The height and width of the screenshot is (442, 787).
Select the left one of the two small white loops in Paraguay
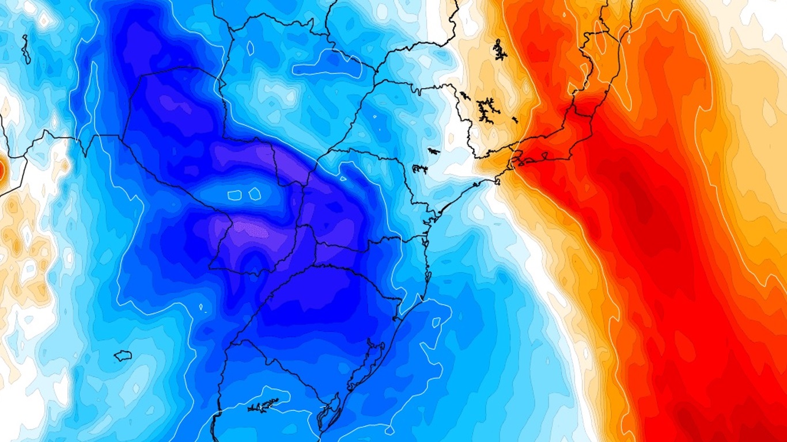click(234, 195)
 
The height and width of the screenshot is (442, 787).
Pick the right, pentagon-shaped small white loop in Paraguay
click(255, 193)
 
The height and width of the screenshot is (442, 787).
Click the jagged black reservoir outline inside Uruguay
click(263, 406)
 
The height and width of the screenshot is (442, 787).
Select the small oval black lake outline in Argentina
click(123, 356)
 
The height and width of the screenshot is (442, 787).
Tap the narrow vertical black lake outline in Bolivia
click(25, 49)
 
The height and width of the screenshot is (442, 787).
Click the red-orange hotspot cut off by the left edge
click(2, 170)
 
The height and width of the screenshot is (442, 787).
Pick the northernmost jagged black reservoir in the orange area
click(499, 50)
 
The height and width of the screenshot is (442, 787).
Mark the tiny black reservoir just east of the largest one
click(514, 120)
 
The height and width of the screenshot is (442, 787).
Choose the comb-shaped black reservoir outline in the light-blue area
click(419, 169)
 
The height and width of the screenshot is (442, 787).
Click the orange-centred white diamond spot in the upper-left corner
click(45, 20)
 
